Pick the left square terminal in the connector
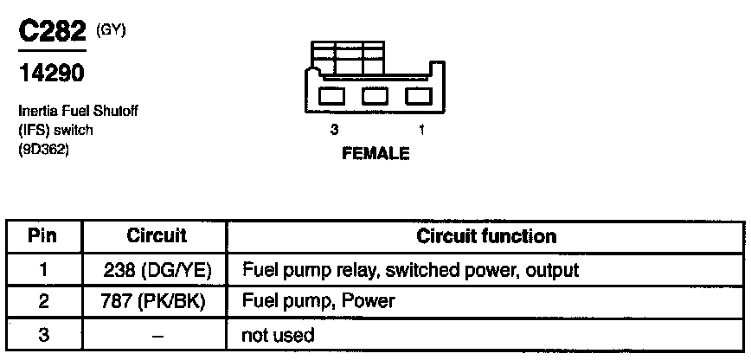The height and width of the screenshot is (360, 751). [333, 94]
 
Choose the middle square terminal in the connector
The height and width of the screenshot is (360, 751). [375, 94]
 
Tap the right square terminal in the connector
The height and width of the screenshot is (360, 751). [416, 94]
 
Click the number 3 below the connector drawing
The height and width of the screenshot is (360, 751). [333, 131]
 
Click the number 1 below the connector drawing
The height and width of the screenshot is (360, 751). [420, 131]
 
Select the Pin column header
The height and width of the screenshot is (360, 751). [43, 235]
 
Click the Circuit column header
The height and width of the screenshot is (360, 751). [157, 235]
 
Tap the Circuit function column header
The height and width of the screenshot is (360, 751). [486, 235]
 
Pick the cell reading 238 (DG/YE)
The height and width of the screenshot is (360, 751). [157, 269]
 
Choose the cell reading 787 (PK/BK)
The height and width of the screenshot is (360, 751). [157, 301]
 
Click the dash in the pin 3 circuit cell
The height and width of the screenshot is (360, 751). [157, 334]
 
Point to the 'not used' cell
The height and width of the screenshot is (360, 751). [279, 334]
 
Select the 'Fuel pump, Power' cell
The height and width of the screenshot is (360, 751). [318, 301]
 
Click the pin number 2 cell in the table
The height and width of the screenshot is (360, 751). [43, 301]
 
